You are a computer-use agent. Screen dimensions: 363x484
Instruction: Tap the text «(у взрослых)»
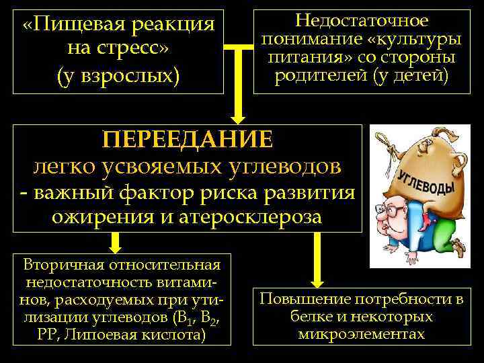[120, 73]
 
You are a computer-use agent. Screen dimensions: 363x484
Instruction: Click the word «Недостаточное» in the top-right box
[357, 20]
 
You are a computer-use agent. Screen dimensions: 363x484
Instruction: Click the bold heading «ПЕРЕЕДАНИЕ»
[188, 139]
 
